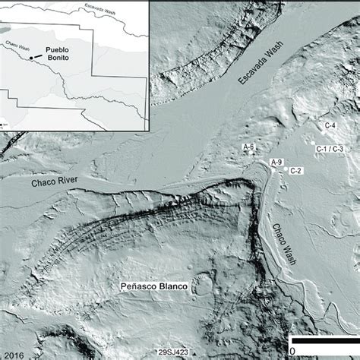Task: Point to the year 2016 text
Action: (14, 352)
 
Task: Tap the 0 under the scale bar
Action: (292, 350)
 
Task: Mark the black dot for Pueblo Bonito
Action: (31, 57)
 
